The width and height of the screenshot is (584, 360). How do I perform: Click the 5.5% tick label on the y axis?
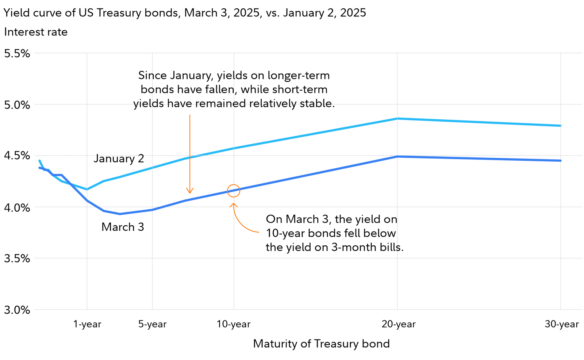click(17, 54)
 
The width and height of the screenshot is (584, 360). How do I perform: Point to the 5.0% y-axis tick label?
click(17, 105)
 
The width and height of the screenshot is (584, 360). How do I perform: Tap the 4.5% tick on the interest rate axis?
click(17, 156)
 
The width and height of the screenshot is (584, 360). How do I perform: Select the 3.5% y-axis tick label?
click(17, 258)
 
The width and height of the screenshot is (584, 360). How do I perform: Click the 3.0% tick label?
click(17, 310)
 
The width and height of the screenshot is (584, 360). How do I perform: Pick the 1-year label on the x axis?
click(87, 324)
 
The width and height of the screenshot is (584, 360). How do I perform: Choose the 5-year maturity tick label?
click(152, 324)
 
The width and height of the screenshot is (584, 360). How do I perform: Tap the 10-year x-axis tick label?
click(234, 324)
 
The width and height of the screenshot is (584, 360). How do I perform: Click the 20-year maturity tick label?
click(399, 324)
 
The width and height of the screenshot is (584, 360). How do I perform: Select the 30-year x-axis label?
click(562, 324)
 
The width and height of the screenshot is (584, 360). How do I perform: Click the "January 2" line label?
click(119, 158)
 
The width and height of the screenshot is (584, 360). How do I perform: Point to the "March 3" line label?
click(123, 227)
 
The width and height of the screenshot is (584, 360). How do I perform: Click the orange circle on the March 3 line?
click(234, 191)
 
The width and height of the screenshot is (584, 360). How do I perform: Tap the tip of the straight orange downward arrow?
click(190, 192)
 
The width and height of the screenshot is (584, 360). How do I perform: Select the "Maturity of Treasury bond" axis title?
click(321, 344)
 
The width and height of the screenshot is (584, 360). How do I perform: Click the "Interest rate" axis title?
click(36, 32)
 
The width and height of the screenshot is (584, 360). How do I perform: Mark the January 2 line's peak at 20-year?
click(397, 119)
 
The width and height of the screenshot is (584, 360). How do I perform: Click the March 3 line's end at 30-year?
click(560, 161)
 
